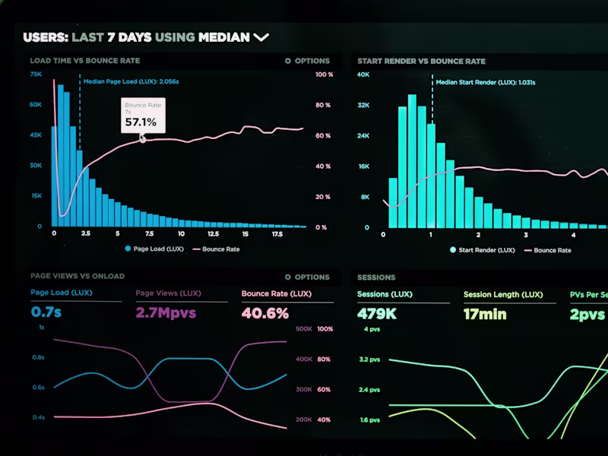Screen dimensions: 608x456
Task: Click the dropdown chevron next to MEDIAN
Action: click(x=261, y=37)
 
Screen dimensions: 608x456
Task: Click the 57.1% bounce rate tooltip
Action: click(x=143, y=116)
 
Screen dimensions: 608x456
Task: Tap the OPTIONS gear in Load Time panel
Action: click(x=288, y=61)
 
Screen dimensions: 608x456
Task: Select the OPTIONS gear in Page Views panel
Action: click(x=288, y=277)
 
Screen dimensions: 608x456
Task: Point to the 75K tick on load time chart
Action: click(x=36, y=74)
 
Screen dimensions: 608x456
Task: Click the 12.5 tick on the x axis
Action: click(x=214, y=234)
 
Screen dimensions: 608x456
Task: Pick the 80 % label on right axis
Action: click(x=323, y=105)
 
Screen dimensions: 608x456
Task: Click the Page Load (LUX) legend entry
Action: click(x=154, y=249)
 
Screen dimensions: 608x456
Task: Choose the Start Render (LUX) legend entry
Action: click(x=483, y=250)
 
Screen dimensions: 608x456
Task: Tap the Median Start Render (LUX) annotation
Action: click(x=486, y=83)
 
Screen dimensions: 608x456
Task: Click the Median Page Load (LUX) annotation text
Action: click(x=131, y=82)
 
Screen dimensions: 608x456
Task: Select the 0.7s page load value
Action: click(x=46, y=312)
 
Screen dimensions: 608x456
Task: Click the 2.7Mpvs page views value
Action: click(x=166, y=312)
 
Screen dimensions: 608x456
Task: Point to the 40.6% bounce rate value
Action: click(x=265, y=313)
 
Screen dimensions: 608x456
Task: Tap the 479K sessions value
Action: click(x=377, y=314)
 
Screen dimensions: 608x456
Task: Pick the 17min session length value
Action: click(x=485, y=314)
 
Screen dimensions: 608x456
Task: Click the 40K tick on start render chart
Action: click(x=363, y=74)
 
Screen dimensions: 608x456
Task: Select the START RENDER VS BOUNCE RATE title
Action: click(x=422, y=62)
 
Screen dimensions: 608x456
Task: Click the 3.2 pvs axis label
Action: click(x=369, y=359)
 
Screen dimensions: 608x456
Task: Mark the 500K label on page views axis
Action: click(x=304, y=329)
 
